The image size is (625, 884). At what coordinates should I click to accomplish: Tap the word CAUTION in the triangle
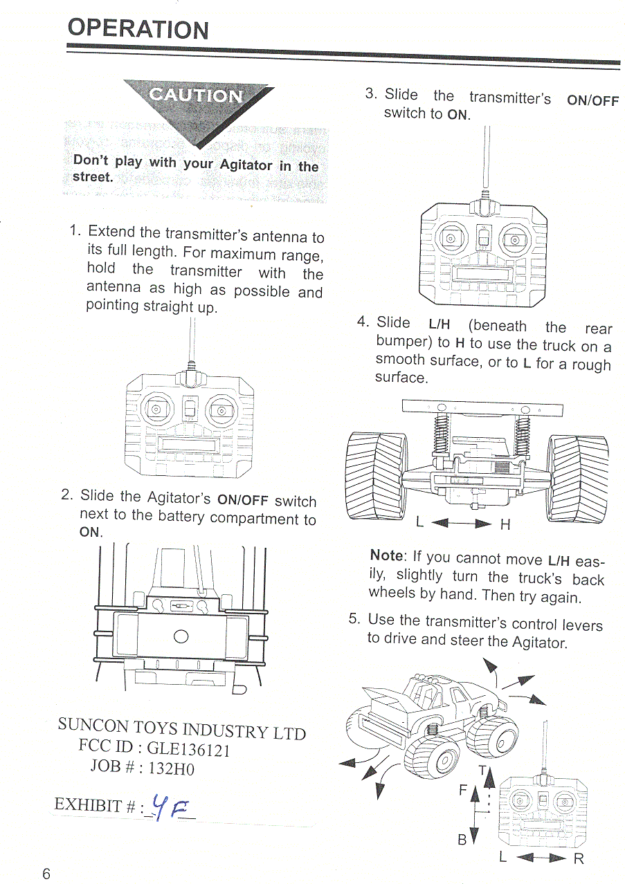197,96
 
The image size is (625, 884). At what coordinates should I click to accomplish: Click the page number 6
46,873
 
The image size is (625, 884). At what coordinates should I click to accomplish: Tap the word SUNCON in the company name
93,725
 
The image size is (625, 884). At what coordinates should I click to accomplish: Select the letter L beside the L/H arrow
419,523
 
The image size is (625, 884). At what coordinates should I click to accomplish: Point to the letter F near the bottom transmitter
463,790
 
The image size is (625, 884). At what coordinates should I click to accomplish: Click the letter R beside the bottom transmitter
579,859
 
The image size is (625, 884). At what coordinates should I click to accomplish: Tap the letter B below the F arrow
462,840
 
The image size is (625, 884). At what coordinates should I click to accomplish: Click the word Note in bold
386,555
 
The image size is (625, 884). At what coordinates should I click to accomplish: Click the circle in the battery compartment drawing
181,636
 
